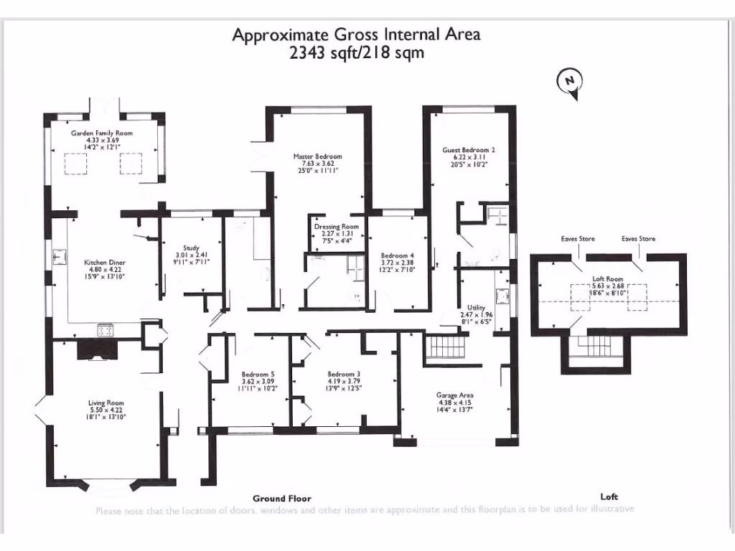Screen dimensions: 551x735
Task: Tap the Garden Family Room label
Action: [x=101, y=133]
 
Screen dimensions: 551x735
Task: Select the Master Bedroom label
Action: [x=317, y=156]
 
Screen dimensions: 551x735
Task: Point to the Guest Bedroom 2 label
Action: [x=469, y=150]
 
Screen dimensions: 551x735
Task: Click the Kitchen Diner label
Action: [x=106, y=263]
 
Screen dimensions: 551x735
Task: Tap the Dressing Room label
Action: [x=336, y=227]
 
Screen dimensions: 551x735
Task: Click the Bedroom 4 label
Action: [x=397, y=255]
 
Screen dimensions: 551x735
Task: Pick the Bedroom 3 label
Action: [x=344, y=375]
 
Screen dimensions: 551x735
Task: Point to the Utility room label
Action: [x=477, y=307]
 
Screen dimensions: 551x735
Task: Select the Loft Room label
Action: [x=608, y=279]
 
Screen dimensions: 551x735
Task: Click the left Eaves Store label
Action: [x=577, y=239]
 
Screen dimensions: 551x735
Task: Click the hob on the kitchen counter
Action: [x=106, y=331]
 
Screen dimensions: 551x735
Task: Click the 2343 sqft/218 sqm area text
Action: [x=356, y=52]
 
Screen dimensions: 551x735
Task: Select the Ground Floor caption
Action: [x=281, y=498]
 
